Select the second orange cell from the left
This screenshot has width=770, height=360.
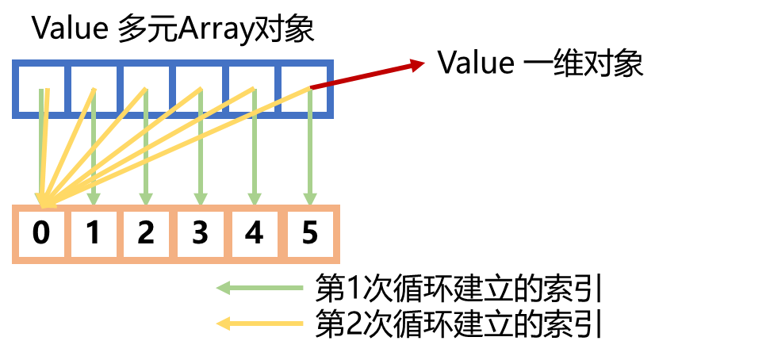pos(94,234)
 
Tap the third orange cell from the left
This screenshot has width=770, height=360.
pos(147,234)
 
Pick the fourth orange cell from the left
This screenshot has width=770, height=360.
pos(201,234)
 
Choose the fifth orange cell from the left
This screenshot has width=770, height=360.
pos(255,234)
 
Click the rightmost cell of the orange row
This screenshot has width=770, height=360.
pos(310,234)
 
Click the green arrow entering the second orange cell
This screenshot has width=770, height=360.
pos(94,159)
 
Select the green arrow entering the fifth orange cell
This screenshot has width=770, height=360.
pos(255,159)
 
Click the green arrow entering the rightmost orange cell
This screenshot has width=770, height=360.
pos(310,159)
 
